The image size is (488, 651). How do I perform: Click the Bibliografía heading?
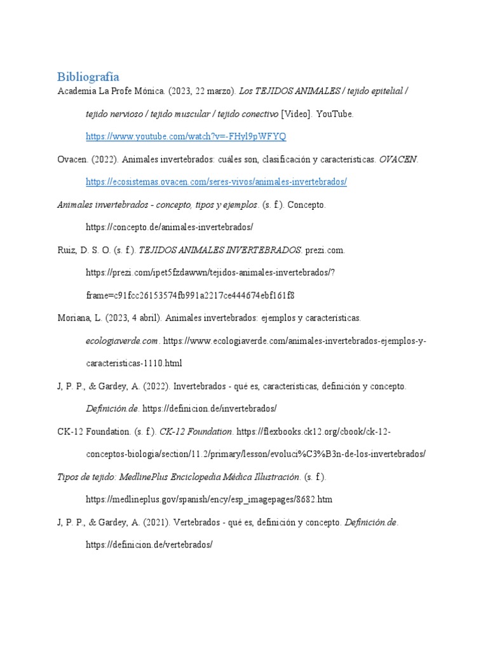point(88,77)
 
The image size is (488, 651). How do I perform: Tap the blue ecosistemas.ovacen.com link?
point(216,182)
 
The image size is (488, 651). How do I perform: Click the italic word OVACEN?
point(398,159)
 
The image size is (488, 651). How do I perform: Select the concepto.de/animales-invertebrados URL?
point(170,227)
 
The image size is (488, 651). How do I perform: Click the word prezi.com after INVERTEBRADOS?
point(325,250)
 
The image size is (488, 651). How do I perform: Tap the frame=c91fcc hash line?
point(190,296)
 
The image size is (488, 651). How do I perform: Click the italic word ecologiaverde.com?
point(121,341)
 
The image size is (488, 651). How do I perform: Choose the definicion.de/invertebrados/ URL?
point(210,409)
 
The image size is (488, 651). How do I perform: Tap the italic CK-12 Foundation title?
point(196,432)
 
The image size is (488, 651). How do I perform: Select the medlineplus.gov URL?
point(209,499)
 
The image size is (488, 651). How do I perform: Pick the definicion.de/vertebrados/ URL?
point(149,545)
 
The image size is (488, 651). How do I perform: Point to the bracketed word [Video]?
point(297,114)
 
